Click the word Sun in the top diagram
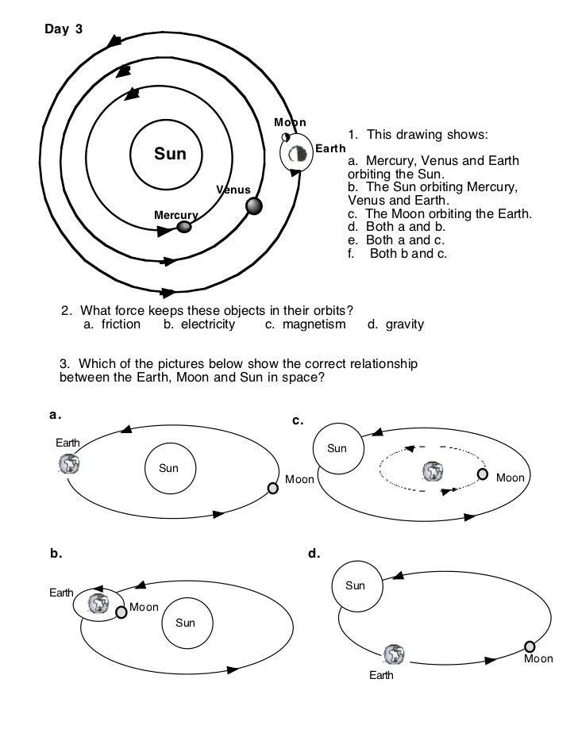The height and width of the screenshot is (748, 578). point(169,153)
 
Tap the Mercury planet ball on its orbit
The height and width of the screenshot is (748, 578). point(184,227)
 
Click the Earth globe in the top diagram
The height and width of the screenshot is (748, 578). point(299,154)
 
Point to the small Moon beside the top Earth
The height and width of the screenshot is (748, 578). point(284,137)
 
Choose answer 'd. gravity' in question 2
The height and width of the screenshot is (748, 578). point(395,324)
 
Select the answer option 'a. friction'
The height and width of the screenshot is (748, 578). point(111,324)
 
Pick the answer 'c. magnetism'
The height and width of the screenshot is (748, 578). point(305,324)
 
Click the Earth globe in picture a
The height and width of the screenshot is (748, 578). point(69,464)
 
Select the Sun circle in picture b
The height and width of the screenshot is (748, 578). point(185,623)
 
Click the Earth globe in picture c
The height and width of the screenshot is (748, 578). point(432,472)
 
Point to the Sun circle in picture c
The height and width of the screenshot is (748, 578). point(338,449)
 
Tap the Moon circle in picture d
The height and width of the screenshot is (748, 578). point(530,647)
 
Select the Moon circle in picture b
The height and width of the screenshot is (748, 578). point(121,612)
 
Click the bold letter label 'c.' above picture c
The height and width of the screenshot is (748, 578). point(299,420)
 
